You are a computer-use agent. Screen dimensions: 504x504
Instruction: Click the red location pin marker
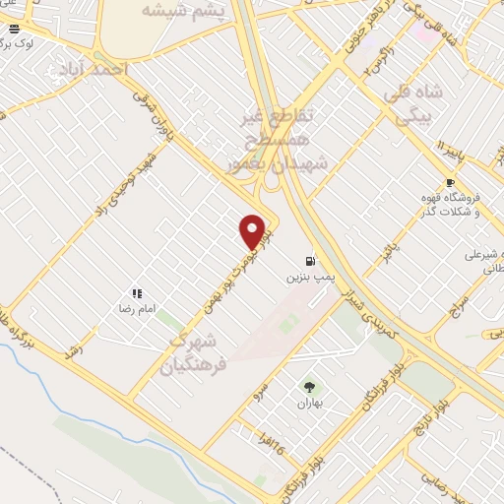point(253,231)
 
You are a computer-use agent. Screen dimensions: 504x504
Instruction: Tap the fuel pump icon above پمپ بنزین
point(311,261)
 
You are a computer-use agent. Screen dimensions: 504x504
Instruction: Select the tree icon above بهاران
point(310,387)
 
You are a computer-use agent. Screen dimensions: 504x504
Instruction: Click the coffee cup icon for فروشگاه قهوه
point(450,183)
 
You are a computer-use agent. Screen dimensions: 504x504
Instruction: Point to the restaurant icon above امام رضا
point(137,292)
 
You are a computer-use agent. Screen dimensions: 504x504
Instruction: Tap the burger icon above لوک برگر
point(14,30)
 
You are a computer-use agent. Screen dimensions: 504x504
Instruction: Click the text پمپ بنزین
point(305,279)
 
